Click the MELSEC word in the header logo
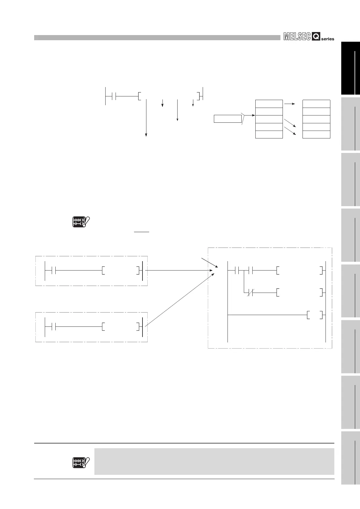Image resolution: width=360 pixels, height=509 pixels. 297,37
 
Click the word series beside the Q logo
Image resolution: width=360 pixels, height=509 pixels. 328,39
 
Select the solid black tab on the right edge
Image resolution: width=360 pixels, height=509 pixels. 351,68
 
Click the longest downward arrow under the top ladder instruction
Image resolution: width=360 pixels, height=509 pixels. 146,118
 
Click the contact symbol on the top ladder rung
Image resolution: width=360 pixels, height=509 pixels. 114,96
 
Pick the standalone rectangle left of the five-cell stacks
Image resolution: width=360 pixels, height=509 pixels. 227,119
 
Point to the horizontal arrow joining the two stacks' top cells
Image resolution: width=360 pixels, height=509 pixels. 289,104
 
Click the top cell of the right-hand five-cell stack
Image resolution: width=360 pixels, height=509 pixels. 316,104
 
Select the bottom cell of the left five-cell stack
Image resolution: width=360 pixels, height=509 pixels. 269,135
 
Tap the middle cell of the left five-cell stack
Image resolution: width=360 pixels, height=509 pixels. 269,119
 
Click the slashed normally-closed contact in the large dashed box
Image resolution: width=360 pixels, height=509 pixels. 250,293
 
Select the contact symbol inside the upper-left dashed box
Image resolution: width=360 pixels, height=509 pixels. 54,270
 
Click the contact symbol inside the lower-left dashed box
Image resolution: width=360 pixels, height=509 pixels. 54,326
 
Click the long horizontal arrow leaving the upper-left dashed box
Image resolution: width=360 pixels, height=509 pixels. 178,270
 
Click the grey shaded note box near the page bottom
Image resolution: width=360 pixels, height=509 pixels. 214,461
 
